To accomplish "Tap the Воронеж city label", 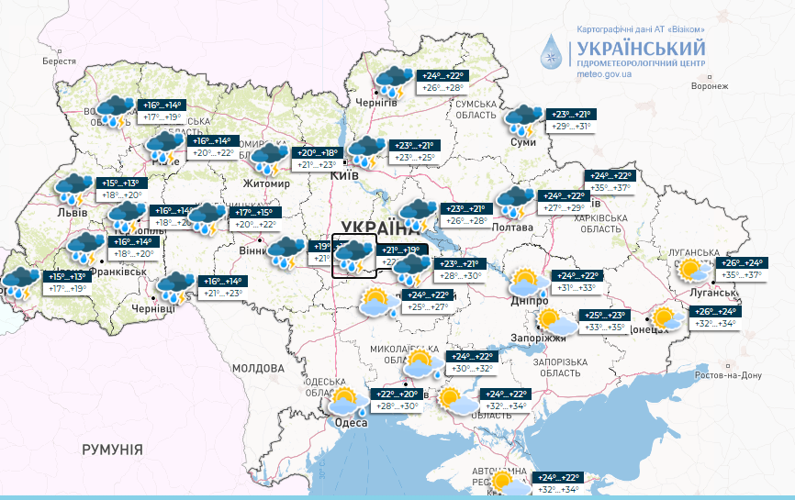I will (x=709, y=86).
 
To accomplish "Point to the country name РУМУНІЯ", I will (x=112, y=450).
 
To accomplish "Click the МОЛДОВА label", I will (x=259, y=368).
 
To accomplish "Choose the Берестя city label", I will (x=59, y=61).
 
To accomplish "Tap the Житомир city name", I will (x=266, y=183).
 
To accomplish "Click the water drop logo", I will (x=554, y=54).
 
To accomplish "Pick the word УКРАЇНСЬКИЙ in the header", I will (x=641, y=48).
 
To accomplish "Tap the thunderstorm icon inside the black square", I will (x=353, y=255).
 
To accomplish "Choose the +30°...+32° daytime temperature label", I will (x=470, y=369).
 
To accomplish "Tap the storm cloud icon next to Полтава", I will (x=514, y=200).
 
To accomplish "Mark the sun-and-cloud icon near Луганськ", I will (x=689, y=271).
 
